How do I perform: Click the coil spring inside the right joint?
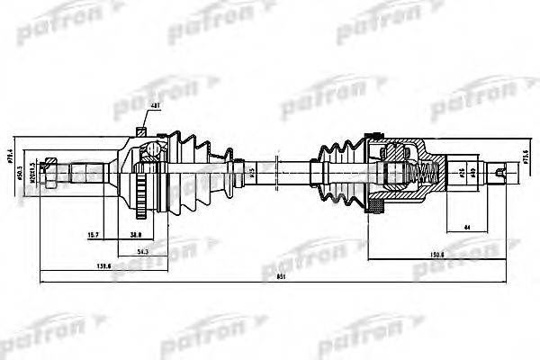point(423,168)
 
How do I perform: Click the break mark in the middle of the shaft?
point(281,168)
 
